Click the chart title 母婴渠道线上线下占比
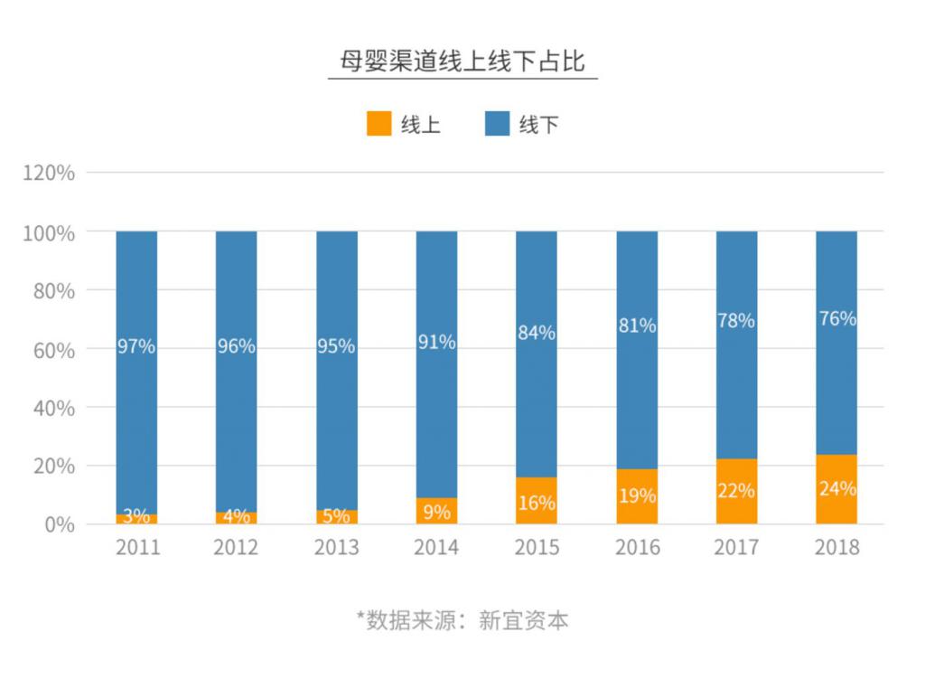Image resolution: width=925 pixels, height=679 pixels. (x=462, y=61)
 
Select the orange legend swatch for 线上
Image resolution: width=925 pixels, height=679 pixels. (x=378, y=124)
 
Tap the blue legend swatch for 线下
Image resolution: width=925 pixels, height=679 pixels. (x=497, y=124)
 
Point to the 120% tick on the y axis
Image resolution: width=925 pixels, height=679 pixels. (x=49, y=173)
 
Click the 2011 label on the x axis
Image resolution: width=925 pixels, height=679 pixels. (x=137, y=548)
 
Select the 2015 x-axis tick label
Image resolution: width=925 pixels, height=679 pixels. (x=537, y=548)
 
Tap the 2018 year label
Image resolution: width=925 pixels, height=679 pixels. (x=836, y=548)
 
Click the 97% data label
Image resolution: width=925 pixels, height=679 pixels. (x=136, y=346)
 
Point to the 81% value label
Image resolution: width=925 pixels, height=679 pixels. (x=637, y=325)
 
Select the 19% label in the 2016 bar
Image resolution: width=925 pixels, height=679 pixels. (x=637, y=496)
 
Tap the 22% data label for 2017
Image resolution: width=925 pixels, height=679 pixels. (x=736, y=491)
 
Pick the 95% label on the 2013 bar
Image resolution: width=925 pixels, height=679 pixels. (x=336, y=346)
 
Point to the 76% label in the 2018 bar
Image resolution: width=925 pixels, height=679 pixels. (x=836, y=318)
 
